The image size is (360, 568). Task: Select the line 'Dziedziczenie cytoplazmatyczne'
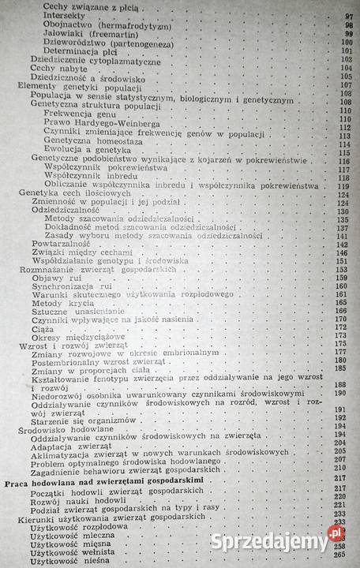pos(88,58)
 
